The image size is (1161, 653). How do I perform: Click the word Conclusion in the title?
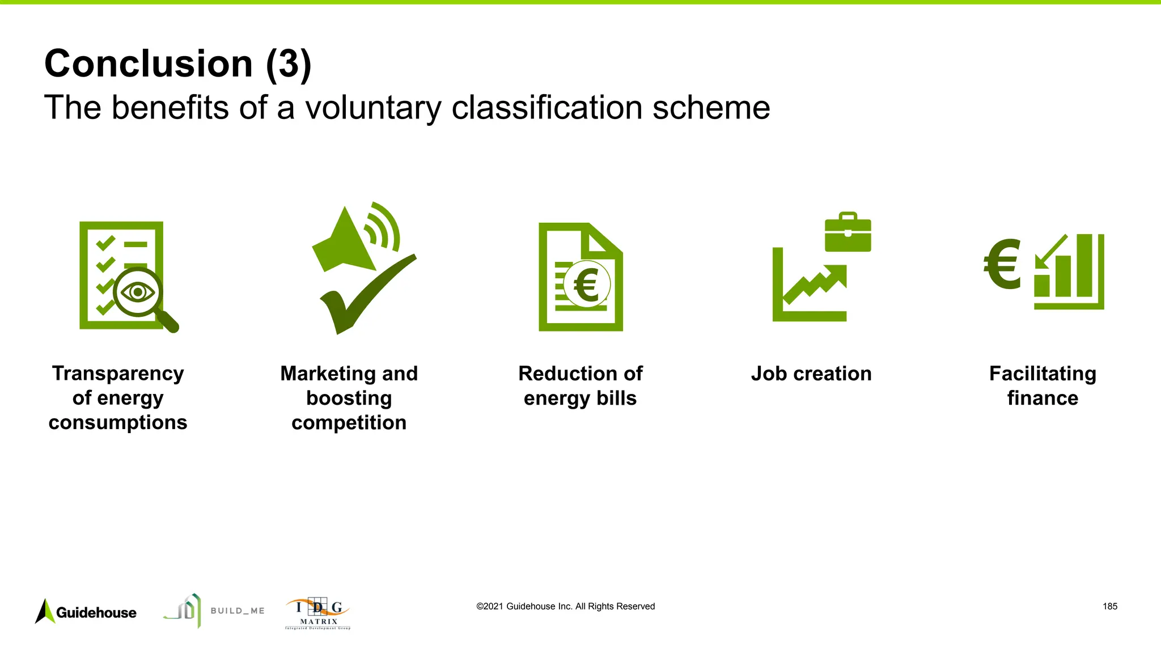tap(149, 63)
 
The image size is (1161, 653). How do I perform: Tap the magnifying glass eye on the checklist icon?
tap(138, 292)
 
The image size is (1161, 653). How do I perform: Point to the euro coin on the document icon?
tap(586, 285)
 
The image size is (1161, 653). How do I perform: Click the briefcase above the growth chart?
tap(848, 233)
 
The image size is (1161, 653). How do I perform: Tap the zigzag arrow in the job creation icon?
tap(815, 283)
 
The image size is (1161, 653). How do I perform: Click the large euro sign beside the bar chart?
tap(1002, 264)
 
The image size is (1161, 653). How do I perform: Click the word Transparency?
tap(118, 374)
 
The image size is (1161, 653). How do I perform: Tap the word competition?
tap(349, 423)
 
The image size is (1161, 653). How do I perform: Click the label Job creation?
tap(811, 374)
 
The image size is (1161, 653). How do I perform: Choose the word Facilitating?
tap(1043, 374)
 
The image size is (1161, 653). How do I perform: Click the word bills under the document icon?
tap(616, 398)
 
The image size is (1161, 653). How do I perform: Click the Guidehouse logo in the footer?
tap(86, 612)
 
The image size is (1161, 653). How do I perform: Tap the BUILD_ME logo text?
tap(238, 610)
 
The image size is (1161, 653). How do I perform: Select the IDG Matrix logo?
tap(318, 613)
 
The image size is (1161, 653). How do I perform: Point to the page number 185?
tap(1109, 607)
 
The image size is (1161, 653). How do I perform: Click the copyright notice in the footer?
tap(565, 607)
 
